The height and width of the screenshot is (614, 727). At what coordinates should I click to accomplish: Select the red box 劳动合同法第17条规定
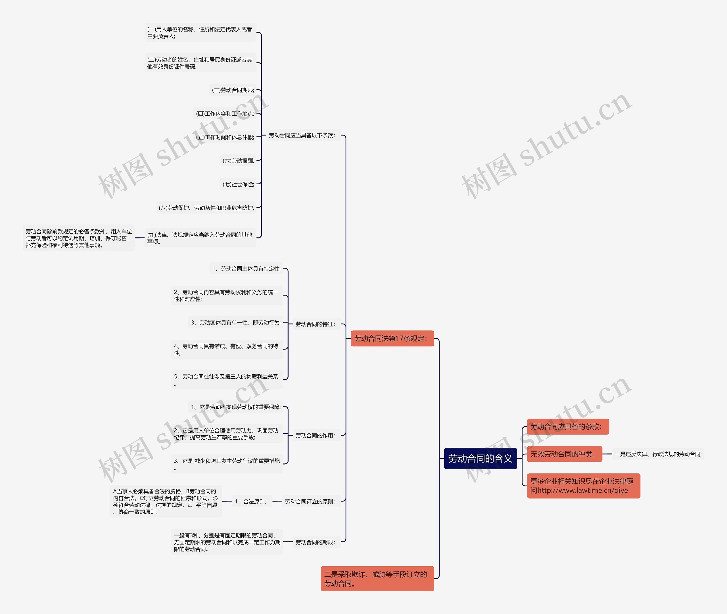pos(392,338)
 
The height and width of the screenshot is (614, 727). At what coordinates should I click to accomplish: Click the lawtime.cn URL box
pos(583,486)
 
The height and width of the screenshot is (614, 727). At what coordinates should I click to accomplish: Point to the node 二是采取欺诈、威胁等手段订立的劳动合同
pos(377,579)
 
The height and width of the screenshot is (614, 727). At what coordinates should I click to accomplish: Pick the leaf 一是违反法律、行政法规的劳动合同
pos(658,454)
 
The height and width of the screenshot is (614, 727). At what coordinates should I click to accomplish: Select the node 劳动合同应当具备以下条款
pos(302,135)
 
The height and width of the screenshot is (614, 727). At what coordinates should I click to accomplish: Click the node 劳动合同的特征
pos(316,324)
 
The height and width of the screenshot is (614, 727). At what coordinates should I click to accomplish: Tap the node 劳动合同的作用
pos(316,435)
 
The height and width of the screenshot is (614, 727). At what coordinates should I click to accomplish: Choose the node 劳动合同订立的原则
pos(310,502)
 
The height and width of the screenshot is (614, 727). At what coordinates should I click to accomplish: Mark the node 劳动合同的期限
pos(316,542)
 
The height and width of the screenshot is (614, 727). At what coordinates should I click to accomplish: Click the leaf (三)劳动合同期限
pos(233,90)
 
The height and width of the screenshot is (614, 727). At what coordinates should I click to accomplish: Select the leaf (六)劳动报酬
pos(238,161)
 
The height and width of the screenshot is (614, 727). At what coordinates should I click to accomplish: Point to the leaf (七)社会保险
pos(238,184)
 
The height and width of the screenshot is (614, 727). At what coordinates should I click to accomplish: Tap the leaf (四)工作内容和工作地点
pos(225,114)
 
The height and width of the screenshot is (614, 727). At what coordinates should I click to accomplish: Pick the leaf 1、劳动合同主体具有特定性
pos(246,269)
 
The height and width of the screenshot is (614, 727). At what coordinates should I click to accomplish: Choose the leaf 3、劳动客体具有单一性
pos(236,323)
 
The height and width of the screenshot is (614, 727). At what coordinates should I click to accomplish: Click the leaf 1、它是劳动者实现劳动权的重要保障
pos(236,407)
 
